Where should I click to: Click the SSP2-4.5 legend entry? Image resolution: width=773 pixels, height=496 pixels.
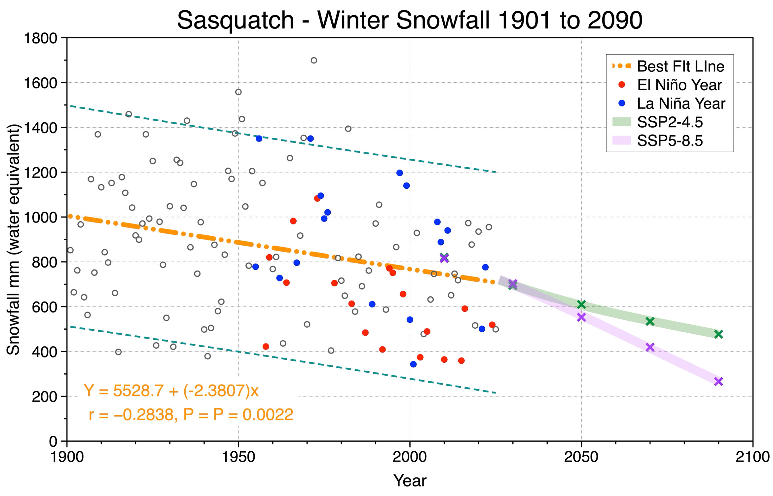pos(657,122)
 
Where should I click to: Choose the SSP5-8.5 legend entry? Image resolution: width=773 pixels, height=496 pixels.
pos(657,141)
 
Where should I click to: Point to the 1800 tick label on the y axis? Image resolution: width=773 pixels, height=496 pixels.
pos(41,38)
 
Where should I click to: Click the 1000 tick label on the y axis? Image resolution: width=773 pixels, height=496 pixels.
pos(41,217)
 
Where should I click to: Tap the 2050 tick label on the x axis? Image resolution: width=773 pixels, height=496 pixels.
pos(581,457)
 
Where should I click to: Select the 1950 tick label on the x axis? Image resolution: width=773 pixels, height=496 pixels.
pos(238,457)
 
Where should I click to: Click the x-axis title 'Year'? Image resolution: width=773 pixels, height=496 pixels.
pos(410,480)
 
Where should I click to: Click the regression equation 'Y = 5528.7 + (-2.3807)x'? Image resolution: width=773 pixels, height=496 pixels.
pos(171,391)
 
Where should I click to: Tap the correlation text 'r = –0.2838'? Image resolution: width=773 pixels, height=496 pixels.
pos(133,415)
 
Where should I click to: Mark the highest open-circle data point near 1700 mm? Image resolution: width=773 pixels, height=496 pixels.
pos(314,61)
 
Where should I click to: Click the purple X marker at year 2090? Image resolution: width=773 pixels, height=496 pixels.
pos(718,382)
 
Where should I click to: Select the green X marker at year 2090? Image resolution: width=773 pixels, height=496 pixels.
pos(718,334)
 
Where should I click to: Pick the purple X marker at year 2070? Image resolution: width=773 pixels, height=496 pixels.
pos(650,347)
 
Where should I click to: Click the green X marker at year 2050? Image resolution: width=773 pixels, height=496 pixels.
pos(581,304)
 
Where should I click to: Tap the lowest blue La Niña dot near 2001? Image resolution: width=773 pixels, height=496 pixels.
pos(413,364)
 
